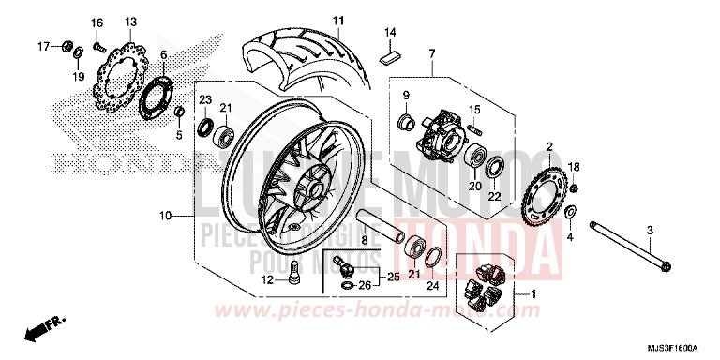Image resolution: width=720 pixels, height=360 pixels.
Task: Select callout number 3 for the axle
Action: point(649,230)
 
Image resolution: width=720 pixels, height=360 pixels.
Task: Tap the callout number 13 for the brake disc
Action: point(130,22)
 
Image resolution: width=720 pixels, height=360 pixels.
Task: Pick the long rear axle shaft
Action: point(619,258)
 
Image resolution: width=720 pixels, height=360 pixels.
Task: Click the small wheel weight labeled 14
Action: point(389,53)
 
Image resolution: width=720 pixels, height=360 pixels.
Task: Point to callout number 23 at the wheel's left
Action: point(205,99)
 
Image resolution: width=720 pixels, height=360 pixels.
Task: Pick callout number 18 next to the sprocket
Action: point(576,167)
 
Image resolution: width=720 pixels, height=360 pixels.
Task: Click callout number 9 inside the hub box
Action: point(407,97)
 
